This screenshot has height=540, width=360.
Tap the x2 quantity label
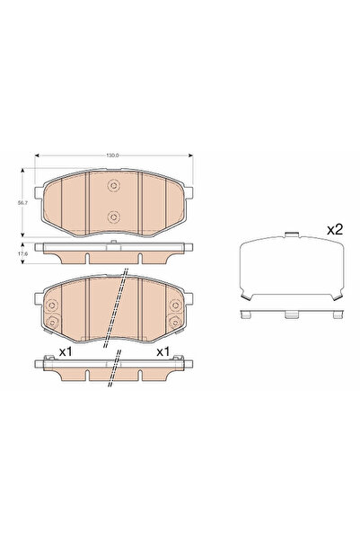pyautogui.click(x=334, y=230)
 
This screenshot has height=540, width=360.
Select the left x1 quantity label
pyautogui.click(x=65, y=350)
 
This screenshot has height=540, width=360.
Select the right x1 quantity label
pyautogui.click(x=163, y=350)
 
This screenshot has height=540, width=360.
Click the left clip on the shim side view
pyautogui.click(x=248, y=314)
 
